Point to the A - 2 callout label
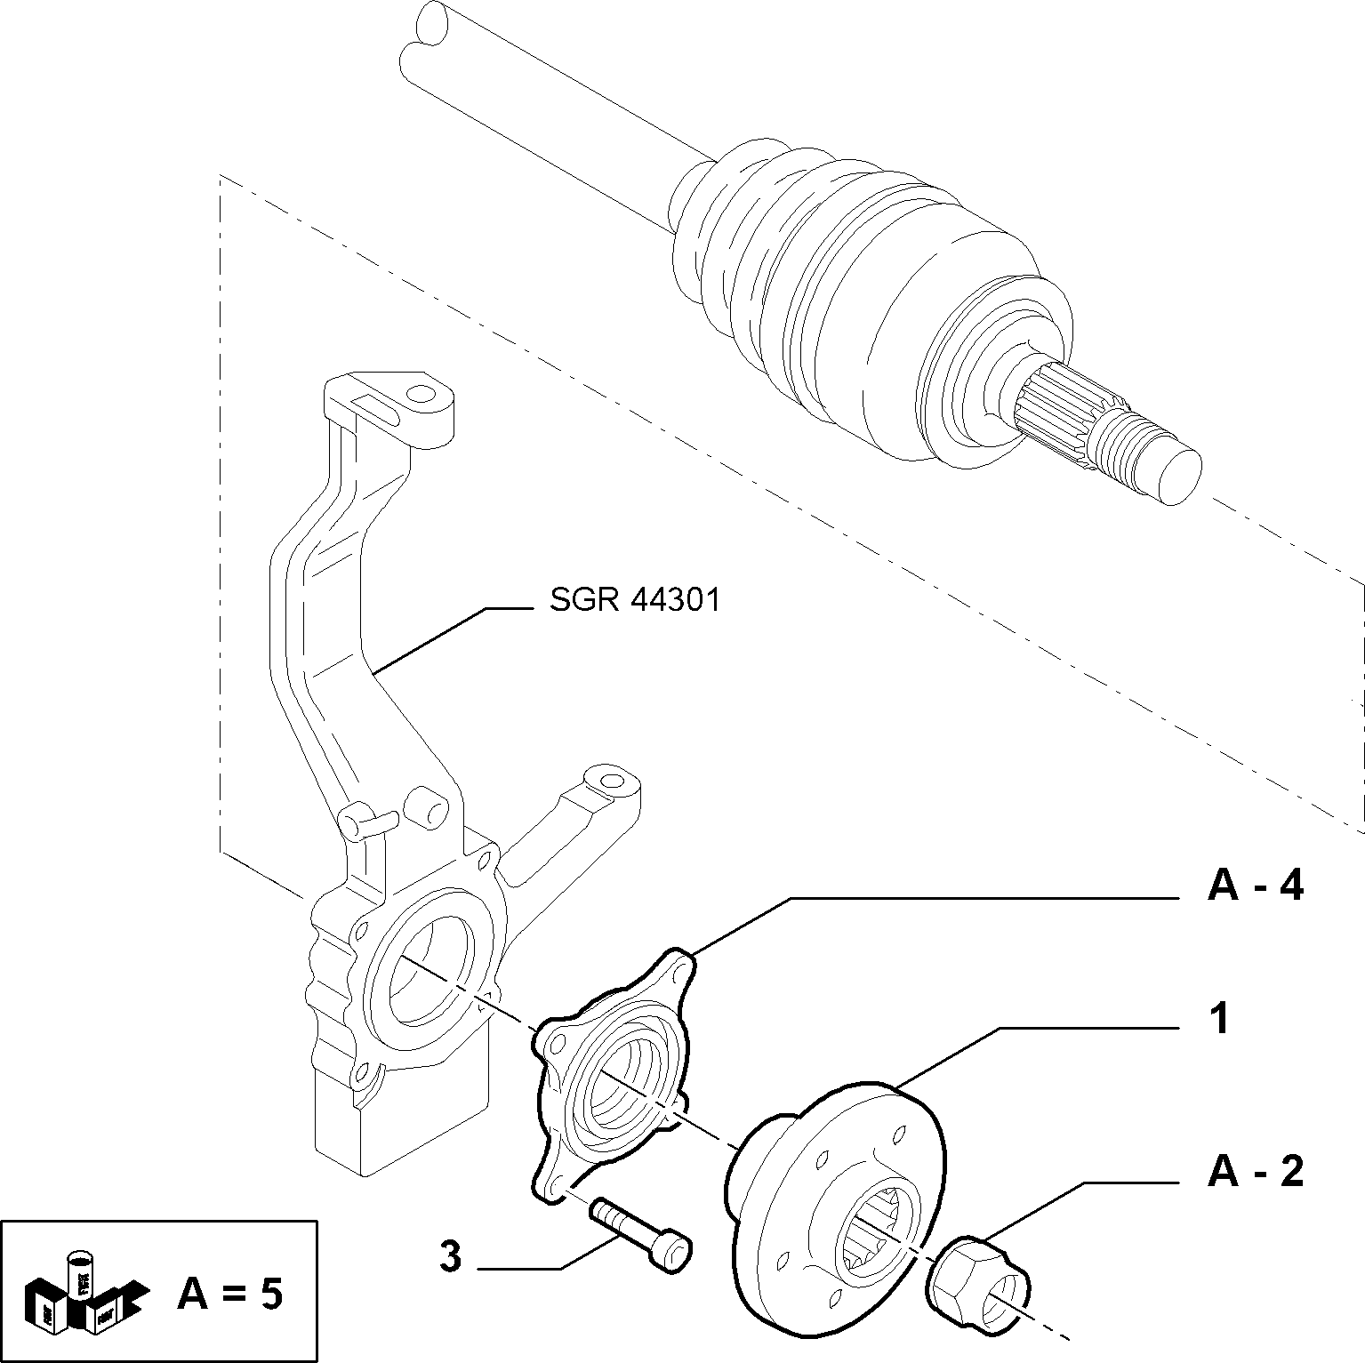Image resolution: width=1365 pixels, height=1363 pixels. [x=1256, y=1171]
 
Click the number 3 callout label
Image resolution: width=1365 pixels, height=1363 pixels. [x=451, y=1257]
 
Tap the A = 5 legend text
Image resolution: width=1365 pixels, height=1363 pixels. [x=229, y=1293]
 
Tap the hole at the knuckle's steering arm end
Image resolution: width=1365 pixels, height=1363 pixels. [x=610, y=782]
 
